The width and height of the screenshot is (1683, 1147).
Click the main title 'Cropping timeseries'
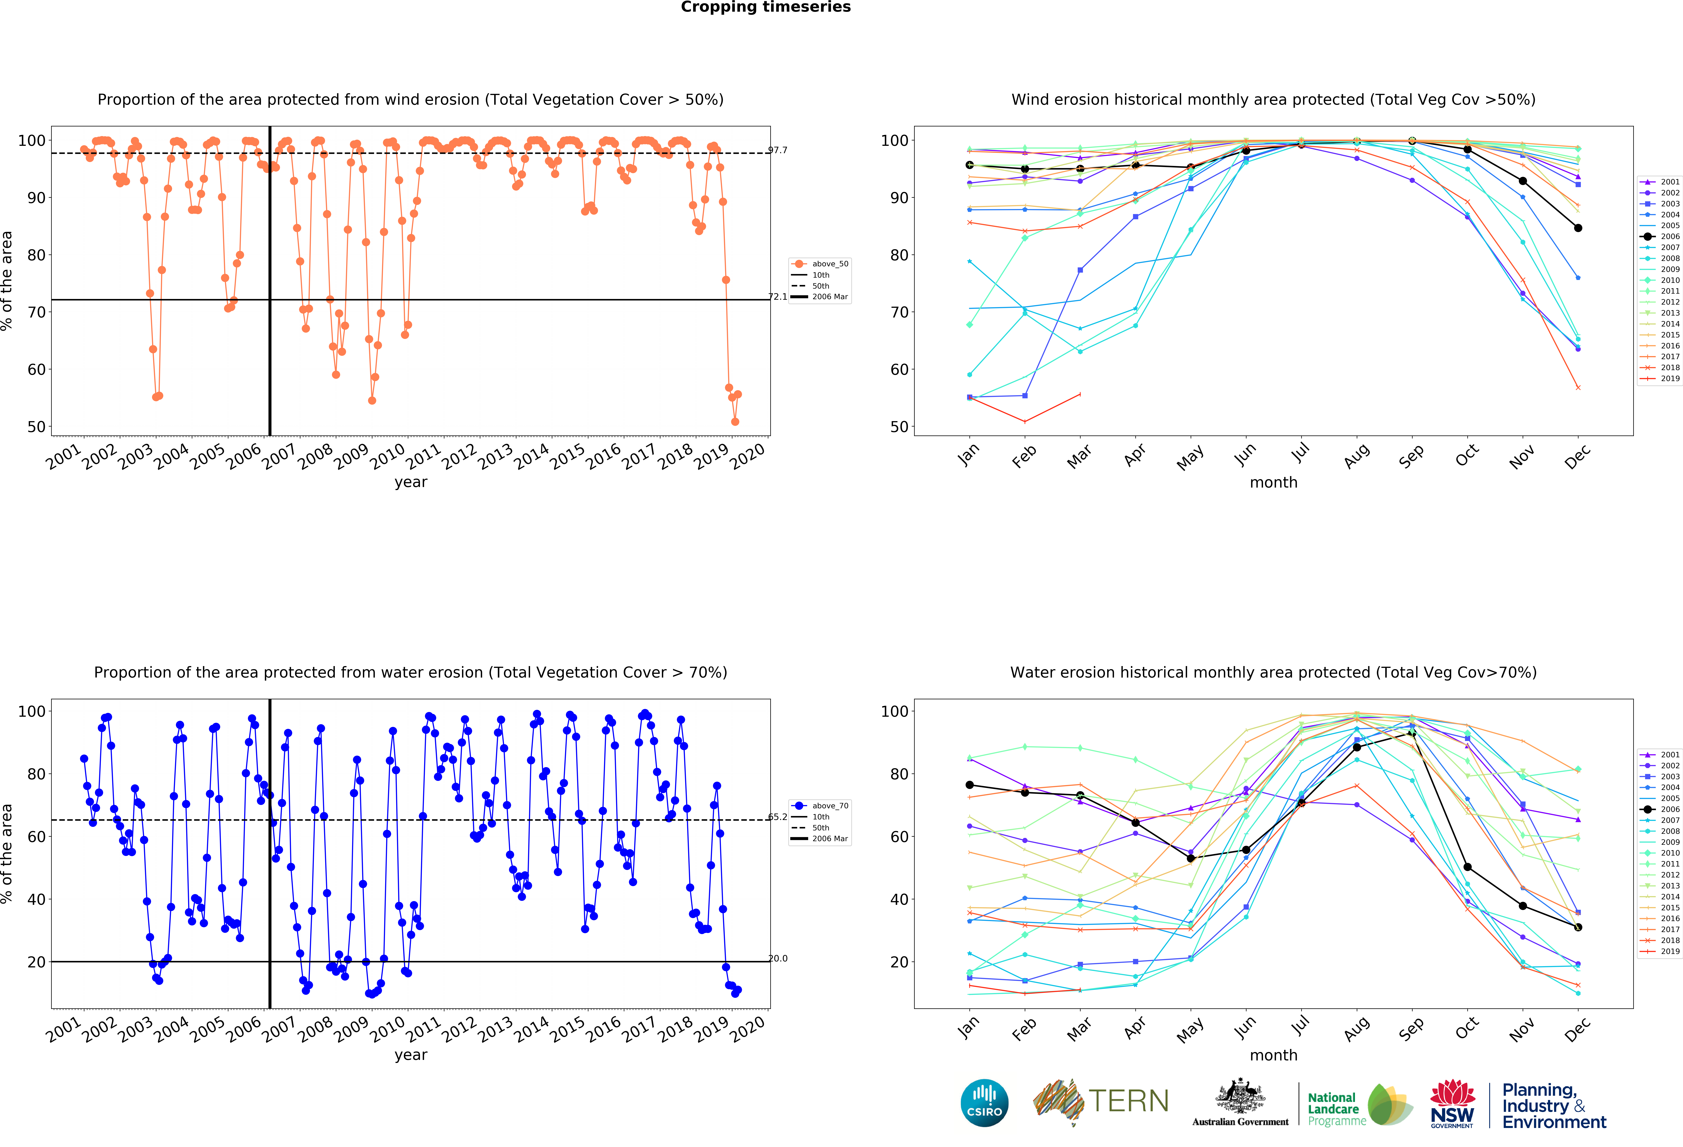(765, 7)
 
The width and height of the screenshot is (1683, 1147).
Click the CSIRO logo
(984, 1104)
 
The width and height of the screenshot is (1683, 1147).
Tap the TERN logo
(1101, 1102)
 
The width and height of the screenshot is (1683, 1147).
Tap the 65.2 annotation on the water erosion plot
(778, 817)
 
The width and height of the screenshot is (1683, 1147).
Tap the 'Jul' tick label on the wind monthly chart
(1301, 453)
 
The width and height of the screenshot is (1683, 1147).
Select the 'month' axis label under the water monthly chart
(1273, 1055)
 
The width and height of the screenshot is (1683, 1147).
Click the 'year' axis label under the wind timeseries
(411, 482)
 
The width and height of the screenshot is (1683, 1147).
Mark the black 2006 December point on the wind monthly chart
(1578, 228)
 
